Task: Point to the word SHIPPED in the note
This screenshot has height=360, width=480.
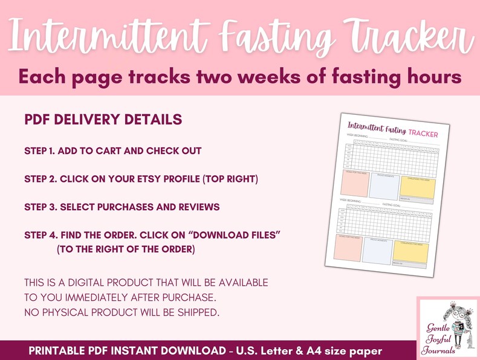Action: [201, 312]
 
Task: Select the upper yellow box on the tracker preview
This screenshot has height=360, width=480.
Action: [417, 188]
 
